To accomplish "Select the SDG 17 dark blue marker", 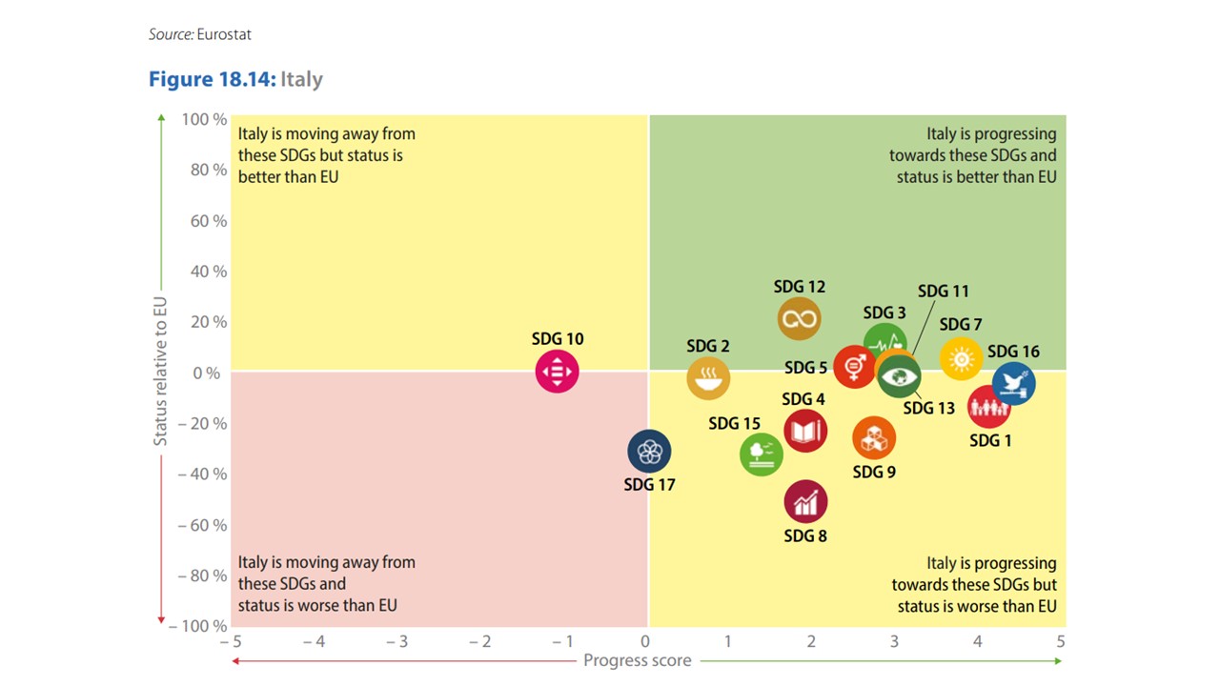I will tap(649, 452).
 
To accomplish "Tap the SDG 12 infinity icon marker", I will tap(799, 318).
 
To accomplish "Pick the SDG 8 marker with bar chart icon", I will tap(805, 502).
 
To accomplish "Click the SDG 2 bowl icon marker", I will tap(708, 378).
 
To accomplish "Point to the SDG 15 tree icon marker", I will tap(761, 453).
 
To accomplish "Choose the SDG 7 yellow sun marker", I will tap(961, 358).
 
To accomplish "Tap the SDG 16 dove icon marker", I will tap(1013, 383).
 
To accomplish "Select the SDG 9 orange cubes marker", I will tap(873, 438).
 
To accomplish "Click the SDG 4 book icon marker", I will tap(805, 432).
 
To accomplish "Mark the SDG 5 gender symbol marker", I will tap(854, 366).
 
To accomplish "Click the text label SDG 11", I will tap(943, 292).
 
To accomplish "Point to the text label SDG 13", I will tap(928, 408).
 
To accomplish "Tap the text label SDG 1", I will tap(990, 440).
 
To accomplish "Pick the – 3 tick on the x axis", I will tap(396, 642).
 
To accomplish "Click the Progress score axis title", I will tap(637, 660).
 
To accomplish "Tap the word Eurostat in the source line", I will tap(224, 34).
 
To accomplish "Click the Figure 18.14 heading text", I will tap(213, 79).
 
